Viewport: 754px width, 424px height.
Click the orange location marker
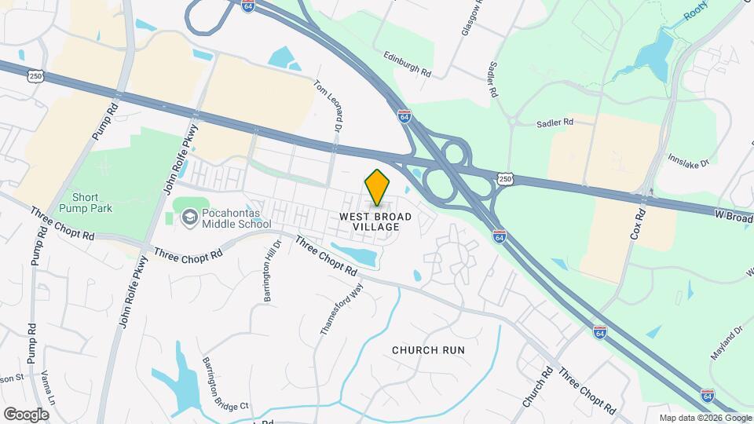tap(378, 187)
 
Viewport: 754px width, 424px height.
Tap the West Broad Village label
tap(370, 221)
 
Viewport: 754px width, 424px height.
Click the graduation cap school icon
tap(189, 217)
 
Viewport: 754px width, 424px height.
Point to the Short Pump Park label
tap(92, 203)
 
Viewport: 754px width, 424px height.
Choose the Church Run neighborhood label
tap(428, 350)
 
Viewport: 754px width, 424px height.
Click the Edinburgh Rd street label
tap(408, 64)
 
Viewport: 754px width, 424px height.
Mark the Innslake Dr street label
tap(689, 162)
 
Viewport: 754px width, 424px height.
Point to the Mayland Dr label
tap(727, 344)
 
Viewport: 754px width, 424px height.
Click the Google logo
tap(26, 414)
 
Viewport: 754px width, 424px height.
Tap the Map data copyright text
tap(705, 418)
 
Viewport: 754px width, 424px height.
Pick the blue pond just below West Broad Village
tap(355, 255)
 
